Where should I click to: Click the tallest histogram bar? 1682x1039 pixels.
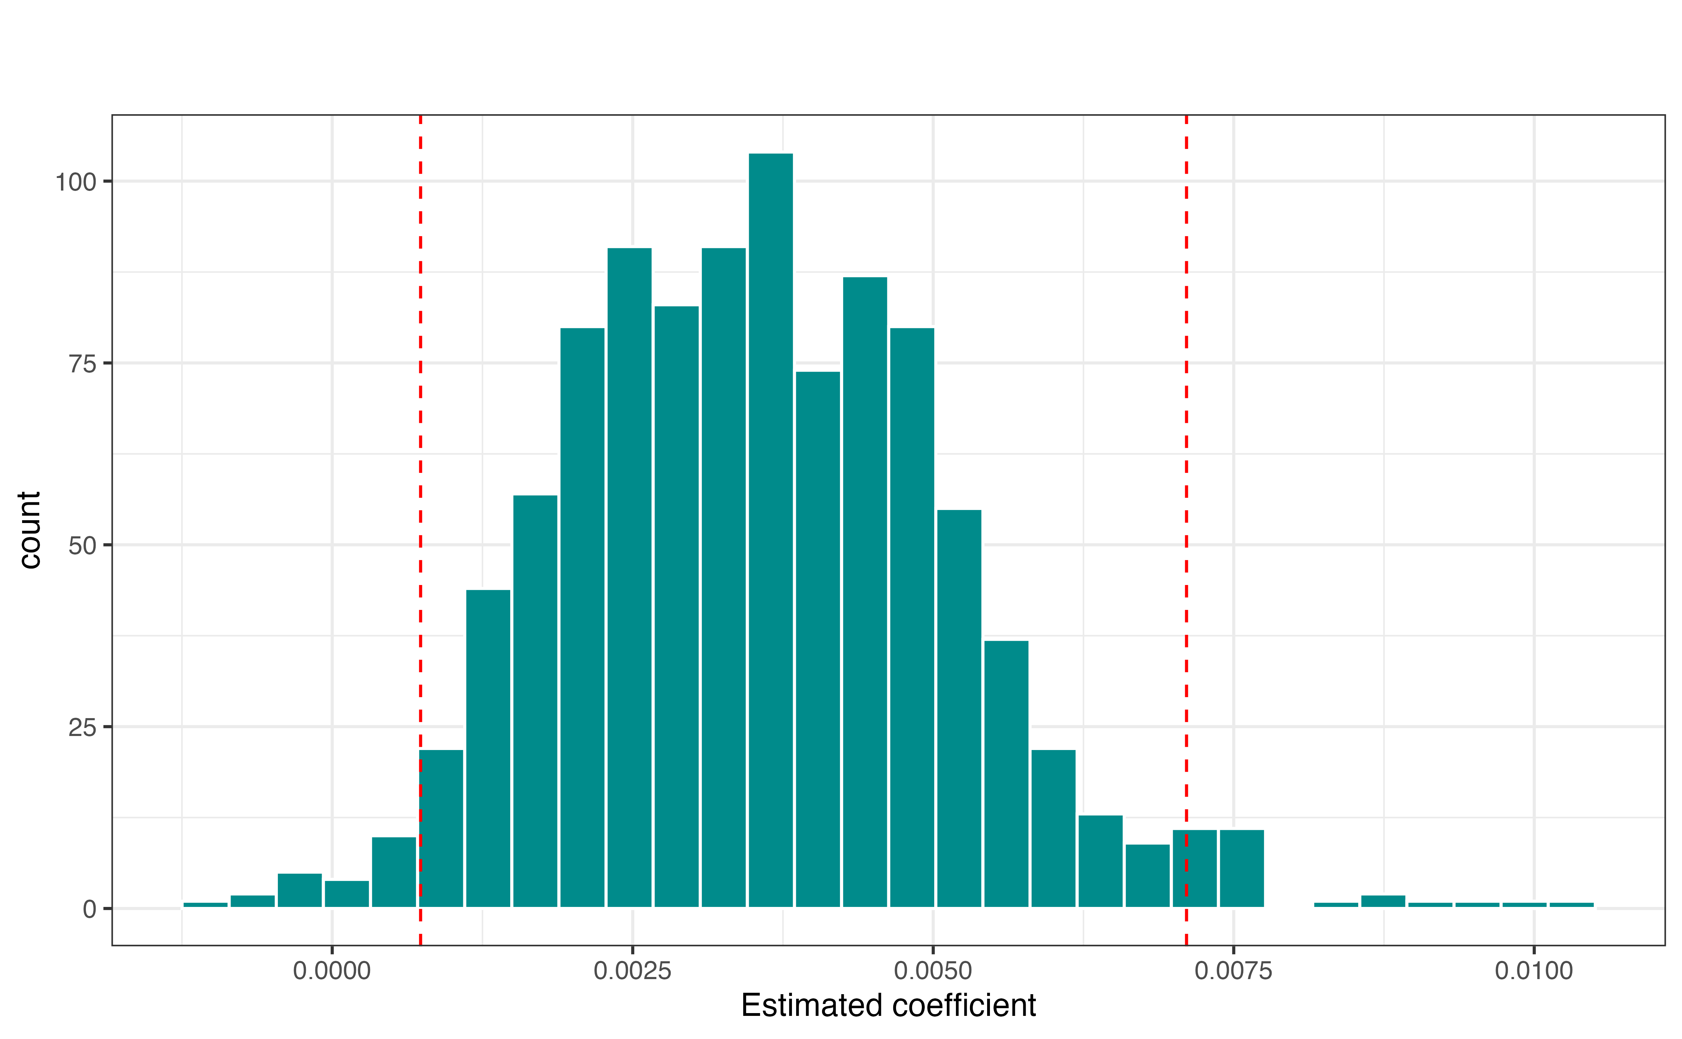click(771, 529)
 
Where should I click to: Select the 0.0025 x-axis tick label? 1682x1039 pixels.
click(633, 971)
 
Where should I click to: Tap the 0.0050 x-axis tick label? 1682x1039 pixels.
click(933, 971)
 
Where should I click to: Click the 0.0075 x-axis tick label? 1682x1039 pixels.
click(1233, 971)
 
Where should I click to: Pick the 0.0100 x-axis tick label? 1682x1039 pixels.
click(1533, 971)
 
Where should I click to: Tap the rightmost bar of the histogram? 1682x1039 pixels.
click(1571, 904)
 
